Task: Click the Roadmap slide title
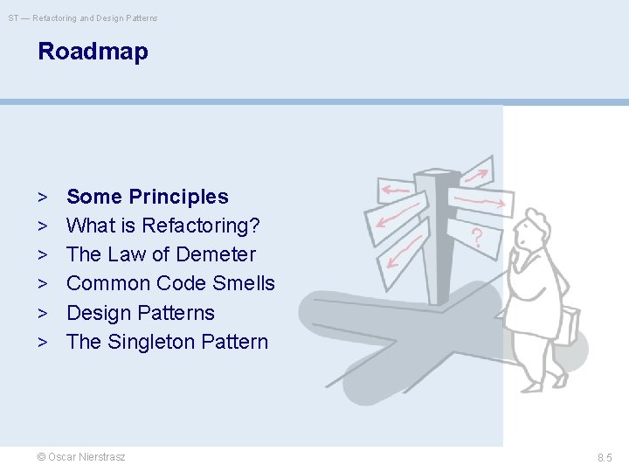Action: (93, 52)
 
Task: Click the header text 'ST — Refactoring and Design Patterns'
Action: (84, 18)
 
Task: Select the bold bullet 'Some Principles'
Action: (147, 197)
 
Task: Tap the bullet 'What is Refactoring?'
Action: (162, 226)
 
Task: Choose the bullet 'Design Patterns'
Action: (140, 313)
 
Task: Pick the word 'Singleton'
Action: (150, 342)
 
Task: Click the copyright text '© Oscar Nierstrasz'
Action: (81, 457)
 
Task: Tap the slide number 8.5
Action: (605, 457)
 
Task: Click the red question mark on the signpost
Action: (476, 237)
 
